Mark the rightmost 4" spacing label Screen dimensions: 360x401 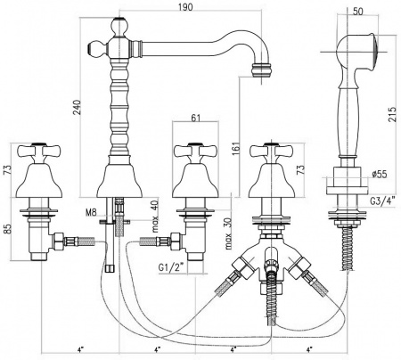pos(310,348)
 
